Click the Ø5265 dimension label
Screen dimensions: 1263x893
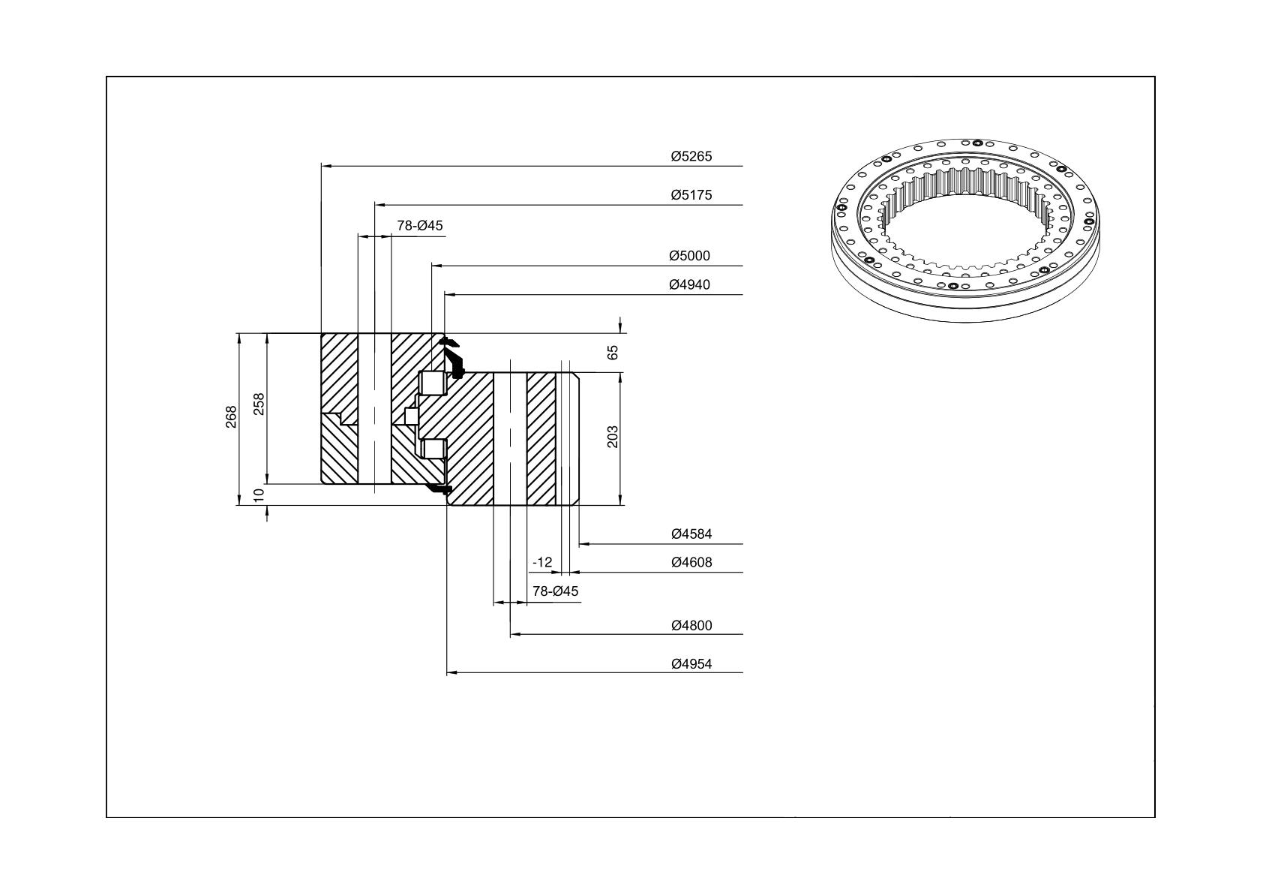[691, 156]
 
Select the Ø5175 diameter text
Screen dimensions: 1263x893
[691, 195]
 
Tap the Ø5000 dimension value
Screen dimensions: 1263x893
[689, 256]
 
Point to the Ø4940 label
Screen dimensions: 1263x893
[689, 285]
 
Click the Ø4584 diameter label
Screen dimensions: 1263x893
[691, 534]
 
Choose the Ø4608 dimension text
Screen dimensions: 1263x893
[691, 562]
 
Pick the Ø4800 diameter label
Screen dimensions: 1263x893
[691, 626]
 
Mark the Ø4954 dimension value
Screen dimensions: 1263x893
[691, 664]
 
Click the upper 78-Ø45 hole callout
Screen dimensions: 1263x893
[420, 226]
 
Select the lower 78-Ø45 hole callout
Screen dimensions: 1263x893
[556, 591]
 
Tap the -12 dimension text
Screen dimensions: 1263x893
[542, 562]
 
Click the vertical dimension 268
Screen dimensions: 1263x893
[231, 417]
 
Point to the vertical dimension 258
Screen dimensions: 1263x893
[259, 404]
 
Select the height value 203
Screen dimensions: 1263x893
[613, 437]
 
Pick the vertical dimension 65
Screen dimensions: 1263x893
[613, 353]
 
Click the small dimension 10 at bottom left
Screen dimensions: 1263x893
[259, 495]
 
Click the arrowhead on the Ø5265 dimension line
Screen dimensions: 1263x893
[326, 167]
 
